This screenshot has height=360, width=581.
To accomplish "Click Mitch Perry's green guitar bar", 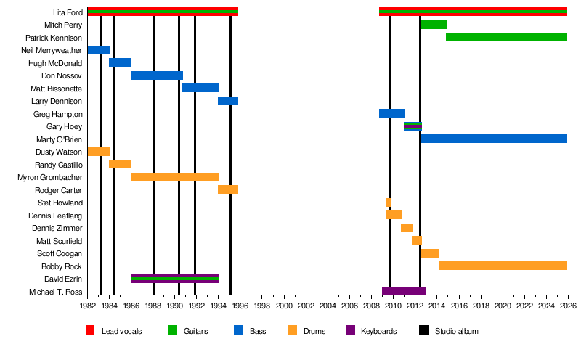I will (433, 25).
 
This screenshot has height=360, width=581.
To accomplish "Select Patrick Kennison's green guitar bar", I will (506, 37).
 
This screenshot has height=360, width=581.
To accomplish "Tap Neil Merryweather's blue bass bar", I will (98, 50).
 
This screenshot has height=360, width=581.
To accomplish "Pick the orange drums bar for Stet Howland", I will (388, 202).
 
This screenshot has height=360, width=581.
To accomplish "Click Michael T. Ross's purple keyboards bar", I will (404, 291).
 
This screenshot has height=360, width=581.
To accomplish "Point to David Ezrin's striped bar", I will (174, 279).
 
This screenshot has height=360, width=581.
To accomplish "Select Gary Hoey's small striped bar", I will (413, 126).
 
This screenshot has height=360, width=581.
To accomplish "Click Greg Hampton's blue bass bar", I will (391, 113).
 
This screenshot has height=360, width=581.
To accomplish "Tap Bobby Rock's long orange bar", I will (503, 266).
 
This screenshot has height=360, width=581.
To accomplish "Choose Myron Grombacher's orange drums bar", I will (174, 177).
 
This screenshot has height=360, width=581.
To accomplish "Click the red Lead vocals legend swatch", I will (90, 331).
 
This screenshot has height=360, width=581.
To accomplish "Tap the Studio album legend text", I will (456, 331).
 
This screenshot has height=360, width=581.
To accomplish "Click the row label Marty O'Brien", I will (59, 139).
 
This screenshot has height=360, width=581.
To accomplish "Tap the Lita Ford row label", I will (67, 12).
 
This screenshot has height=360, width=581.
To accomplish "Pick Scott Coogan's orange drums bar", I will (430, 253).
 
